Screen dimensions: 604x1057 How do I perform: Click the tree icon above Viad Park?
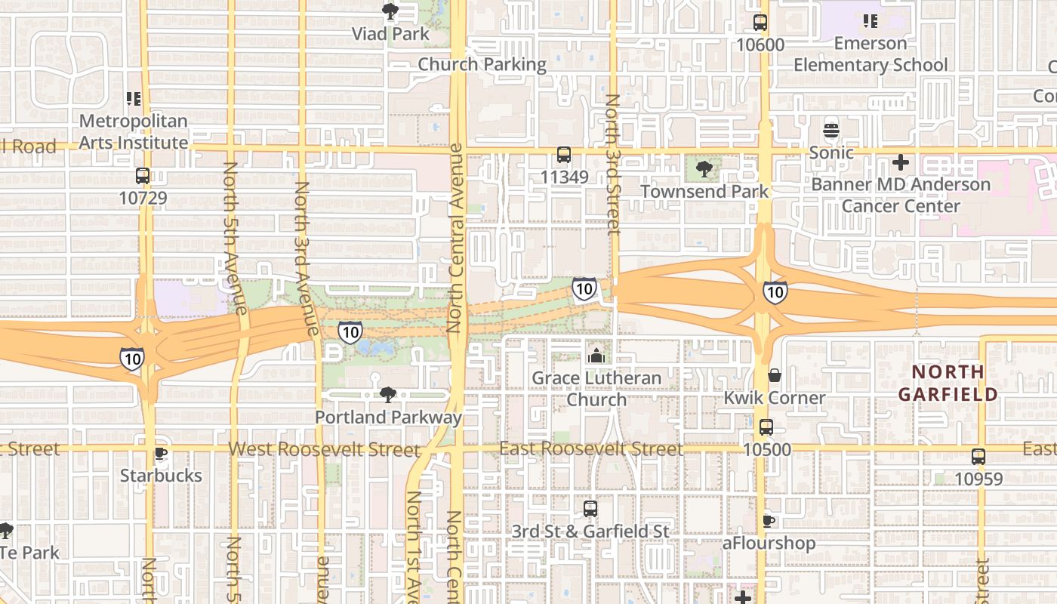(390, 11)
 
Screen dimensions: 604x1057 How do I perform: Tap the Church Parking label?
(482, 65)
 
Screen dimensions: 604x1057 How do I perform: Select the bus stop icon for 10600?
(760, 23)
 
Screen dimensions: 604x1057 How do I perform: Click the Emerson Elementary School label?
(870, 54)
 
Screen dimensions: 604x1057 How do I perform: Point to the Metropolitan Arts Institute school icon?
(134, 98)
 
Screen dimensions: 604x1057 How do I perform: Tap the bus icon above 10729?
(143, 176)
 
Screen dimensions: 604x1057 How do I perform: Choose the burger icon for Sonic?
(831, 130)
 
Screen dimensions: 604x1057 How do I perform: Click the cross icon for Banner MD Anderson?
(900, 162)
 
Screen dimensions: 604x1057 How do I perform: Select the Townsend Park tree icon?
(704, 169)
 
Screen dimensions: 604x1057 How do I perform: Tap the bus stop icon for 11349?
(564, 155)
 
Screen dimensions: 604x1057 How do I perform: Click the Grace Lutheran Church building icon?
(596, 355)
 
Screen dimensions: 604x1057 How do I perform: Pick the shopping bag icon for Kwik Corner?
(775, 375)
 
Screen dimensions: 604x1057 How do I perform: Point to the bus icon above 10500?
(766, 427)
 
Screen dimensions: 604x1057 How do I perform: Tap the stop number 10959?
(978, 479)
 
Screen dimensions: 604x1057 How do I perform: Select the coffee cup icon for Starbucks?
(160, 453)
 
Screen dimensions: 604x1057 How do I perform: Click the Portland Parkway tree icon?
(388, 394)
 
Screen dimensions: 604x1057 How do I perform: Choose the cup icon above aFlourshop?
(769, 521)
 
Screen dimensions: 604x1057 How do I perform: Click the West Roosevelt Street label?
(324, 449)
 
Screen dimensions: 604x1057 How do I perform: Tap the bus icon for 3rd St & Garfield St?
(590, 509)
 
